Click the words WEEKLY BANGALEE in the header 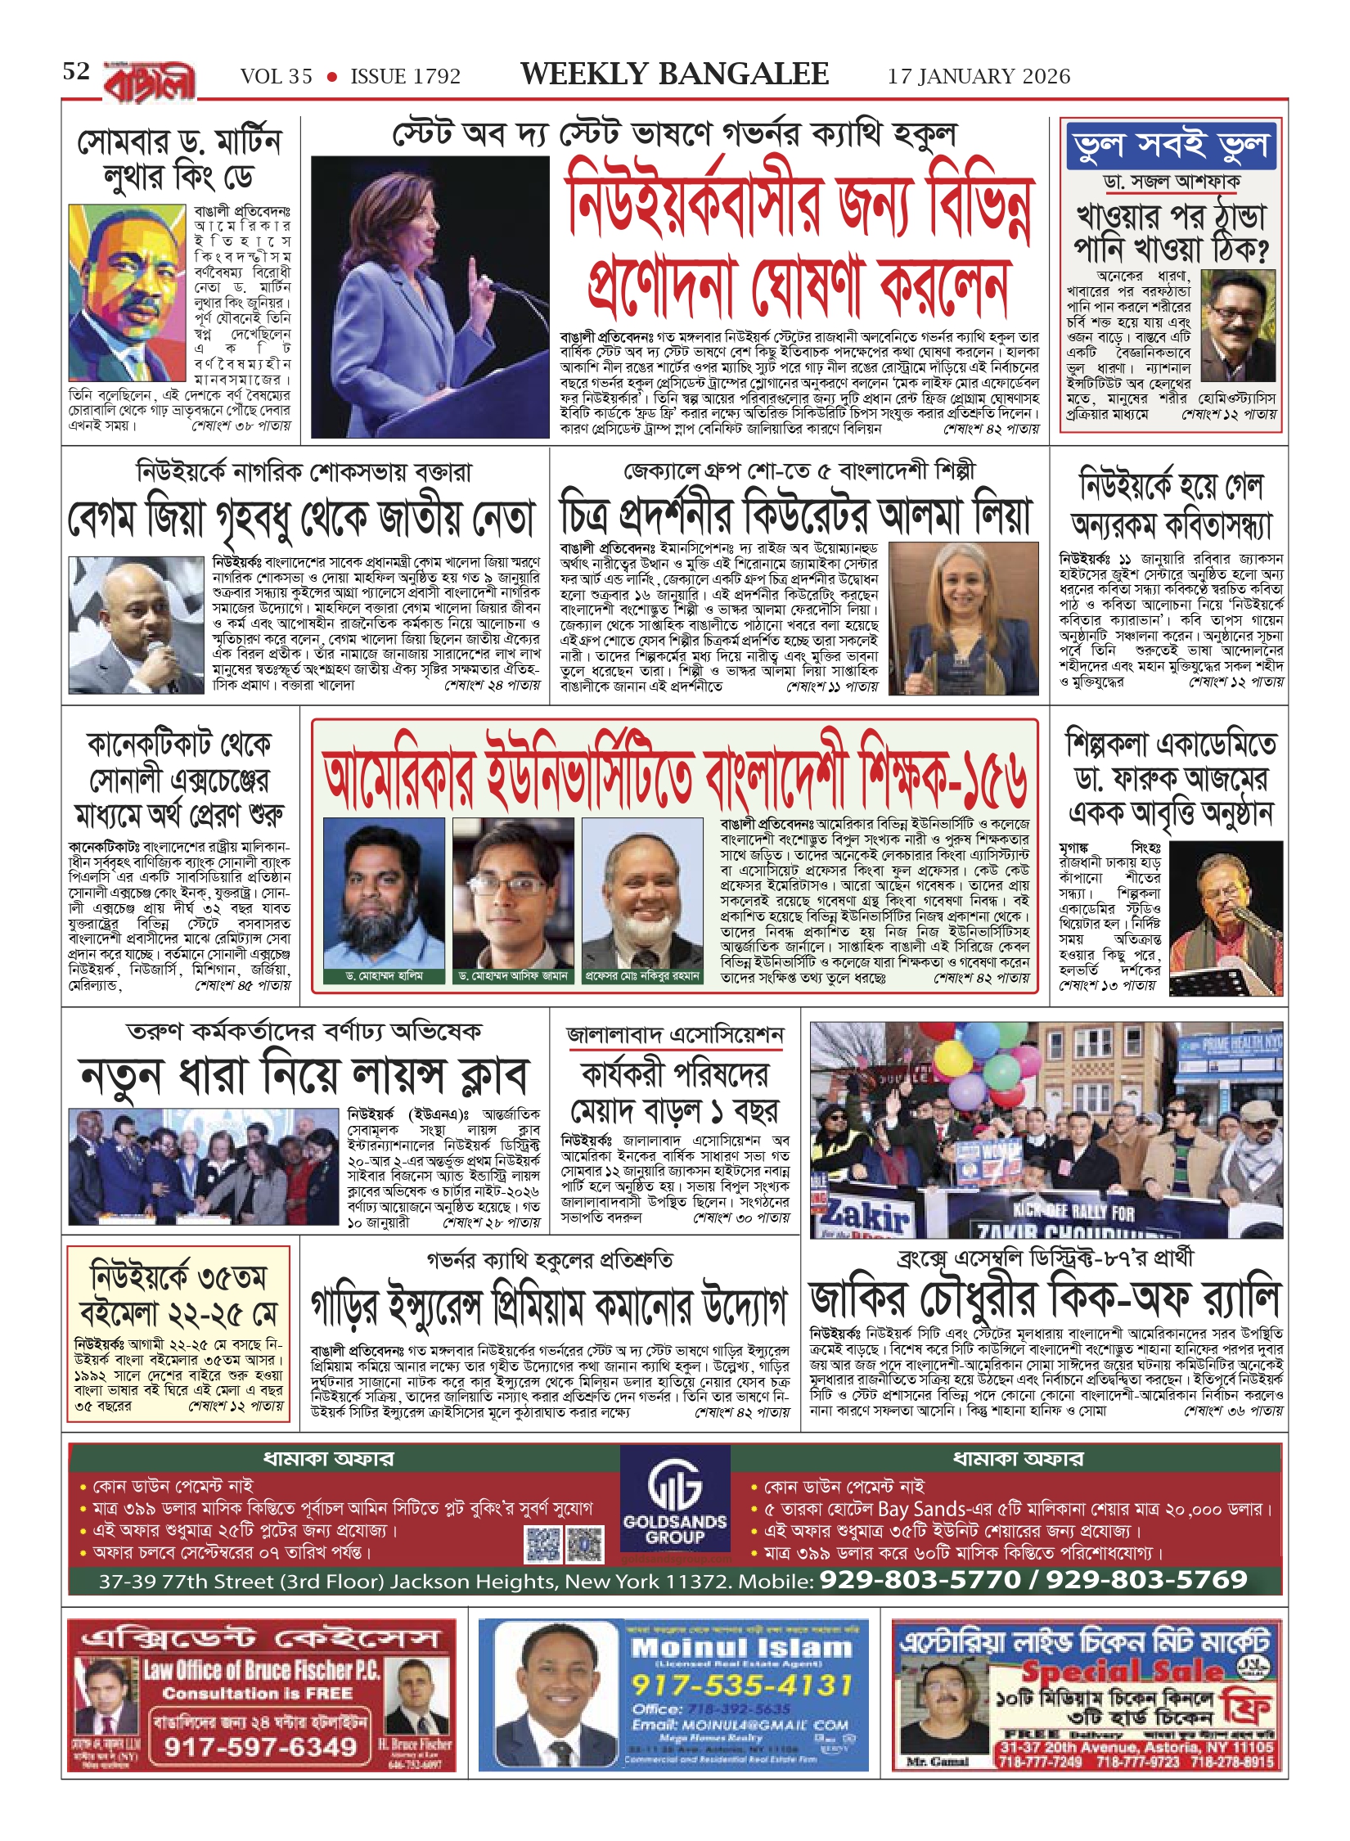coord(674,74)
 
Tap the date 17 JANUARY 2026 coord(979,76)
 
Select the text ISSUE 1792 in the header coord(405,77)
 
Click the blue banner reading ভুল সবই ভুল coord(1172,146)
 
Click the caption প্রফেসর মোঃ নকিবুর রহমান coord(642,976)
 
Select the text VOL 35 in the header coord(276,77)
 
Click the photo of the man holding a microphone coord(135,625)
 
